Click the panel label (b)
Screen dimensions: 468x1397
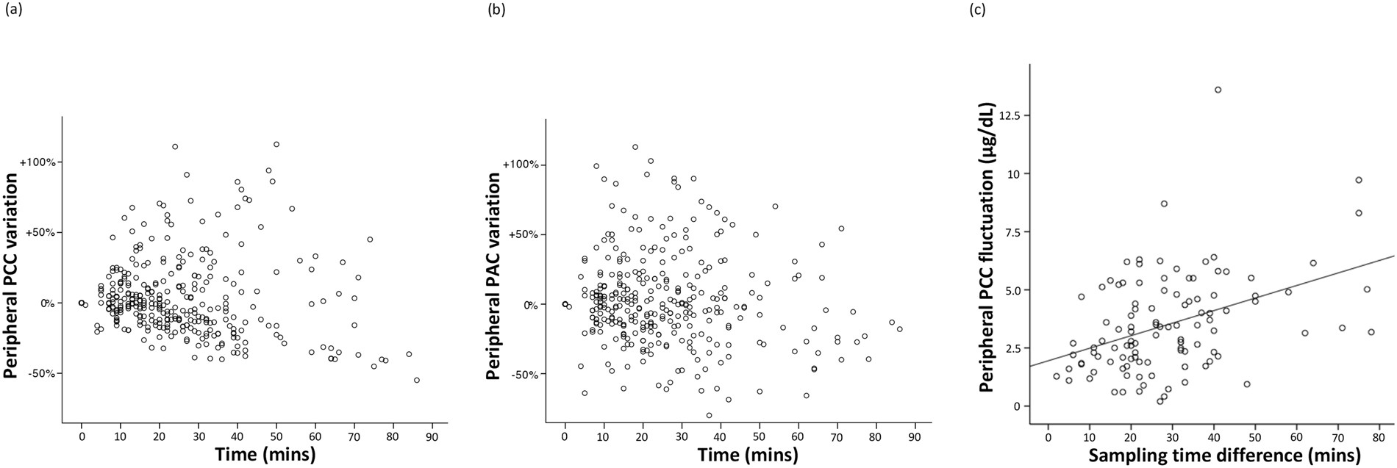[x=494, y=10]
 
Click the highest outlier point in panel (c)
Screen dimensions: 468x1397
[x=1218, y=90]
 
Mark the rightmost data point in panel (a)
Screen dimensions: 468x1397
[x=416, y=380]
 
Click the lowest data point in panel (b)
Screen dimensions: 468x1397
[x=709, y=415]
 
